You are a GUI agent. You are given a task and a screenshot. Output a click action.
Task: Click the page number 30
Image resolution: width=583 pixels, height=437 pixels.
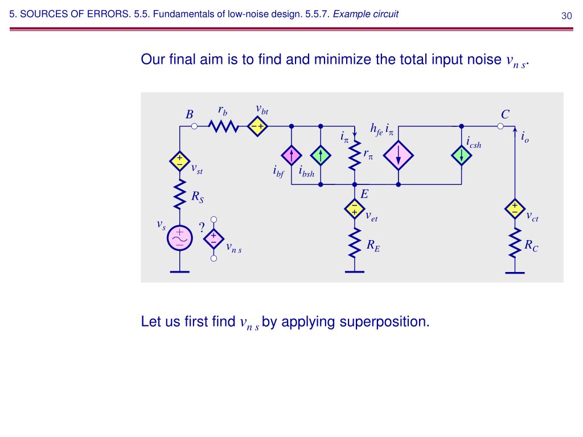pyautogui.click(x=566, y=16)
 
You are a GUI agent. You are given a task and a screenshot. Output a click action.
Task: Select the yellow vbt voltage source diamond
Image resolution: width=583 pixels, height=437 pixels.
pyautogui.click(x=258, y=126)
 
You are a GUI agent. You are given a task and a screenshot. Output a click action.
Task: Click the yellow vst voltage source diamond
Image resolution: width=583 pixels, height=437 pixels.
pyautogui.click(x=179, y=162)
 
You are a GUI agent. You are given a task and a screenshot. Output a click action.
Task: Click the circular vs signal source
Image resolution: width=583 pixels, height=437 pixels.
pyautogui.click(x=179, y=238)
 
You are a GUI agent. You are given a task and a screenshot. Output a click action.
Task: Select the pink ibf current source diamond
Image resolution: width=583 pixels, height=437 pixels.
pyautogui.click(x=291, y=155)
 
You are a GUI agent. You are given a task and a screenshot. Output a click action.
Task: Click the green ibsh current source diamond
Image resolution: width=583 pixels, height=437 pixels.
pyautogui.click(x=321, y=155)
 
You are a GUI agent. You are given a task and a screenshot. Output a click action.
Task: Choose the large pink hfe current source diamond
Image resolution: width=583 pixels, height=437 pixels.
pyautogui.click(x=398, y=155)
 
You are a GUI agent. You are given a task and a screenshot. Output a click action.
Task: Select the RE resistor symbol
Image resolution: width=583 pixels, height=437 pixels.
pyautogui.click(x=354, y=244)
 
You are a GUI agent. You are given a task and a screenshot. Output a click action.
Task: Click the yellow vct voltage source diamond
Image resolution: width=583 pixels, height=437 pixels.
pyautogui.click(x=515, y=209)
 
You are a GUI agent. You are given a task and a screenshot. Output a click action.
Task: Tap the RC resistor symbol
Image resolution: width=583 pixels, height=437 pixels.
pyautogui.click(x=515, y=244)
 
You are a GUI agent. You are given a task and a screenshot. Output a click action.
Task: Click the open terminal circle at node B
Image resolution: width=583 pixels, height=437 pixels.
pyautogui.click(x=194, y=126)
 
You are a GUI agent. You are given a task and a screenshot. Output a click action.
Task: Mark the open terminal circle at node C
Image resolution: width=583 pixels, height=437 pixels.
pyautogui.click(x=501, y=126)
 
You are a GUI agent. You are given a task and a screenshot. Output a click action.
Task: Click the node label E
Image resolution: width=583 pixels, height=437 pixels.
pyautogui.click(x=364, y=195)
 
